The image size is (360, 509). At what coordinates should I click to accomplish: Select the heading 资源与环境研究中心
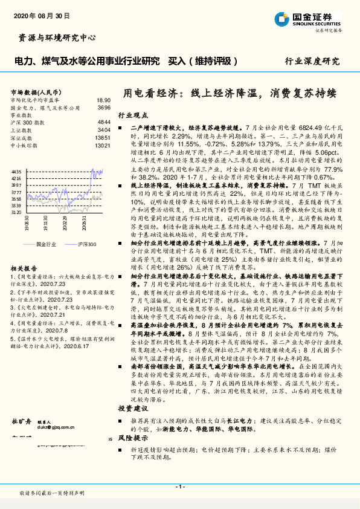[54, 37]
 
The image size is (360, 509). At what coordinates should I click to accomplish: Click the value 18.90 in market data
[104, 100]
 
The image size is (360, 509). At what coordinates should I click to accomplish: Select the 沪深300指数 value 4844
[104, 122]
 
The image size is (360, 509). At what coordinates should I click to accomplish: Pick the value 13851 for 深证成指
[103, 137]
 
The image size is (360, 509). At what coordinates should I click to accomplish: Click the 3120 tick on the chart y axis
[16, 212]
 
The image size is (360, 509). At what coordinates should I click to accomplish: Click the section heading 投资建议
[132, 409]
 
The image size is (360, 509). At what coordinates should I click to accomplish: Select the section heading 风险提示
[132, 439]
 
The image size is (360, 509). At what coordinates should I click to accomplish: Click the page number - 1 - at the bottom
[179, 486]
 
